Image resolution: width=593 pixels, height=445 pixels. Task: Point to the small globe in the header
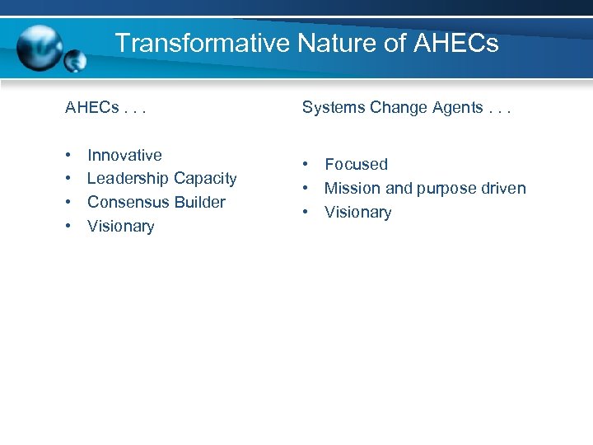[x=76, y=59]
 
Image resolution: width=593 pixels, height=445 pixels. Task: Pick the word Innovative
[x=124, y=155]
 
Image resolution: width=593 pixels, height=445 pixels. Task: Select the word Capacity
[x=206, y=179]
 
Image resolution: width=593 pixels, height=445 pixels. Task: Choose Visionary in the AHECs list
[x=120, y=226]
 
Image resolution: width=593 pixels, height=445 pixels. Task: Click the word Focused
[x=356, y=165]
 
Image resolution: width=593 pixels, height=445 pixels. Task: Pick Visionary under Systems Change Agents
[x=357, y=213]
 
